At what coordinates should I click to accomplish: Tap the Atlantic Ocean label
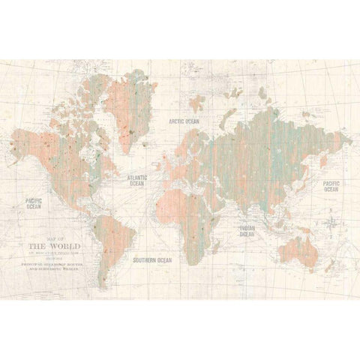point(136,180)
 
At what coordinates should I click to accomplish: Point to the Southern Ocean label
point(152,260)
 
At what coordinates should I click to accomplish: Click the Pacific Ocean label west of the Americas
point(33,203)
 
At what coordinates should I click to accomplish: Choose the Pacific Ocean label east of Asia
point(331,186)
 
